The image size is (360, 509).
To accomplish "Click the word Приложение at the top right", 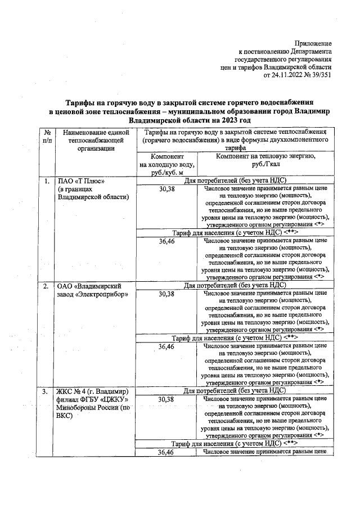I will (x=313, y=43).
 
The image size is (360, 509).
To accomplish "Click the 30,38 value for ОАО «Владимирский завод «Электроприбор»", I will (x=166, y=294).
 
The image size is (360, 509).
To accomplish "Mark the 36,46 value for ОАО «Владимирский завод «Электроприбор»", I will (x=166, y=346).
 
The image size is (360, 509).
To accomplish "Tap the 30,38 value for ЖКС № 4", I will (x=166, y=399).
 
